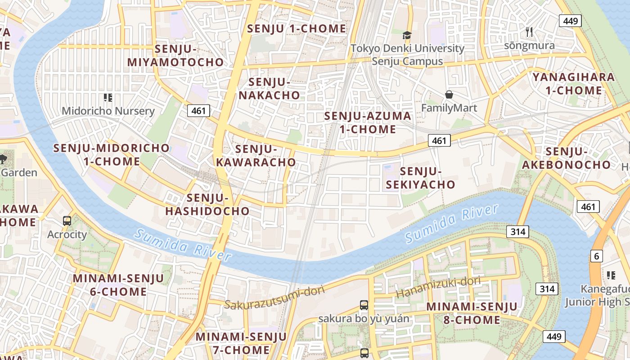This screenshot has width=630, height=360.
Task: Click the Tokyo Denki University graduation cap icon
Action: pos(407,35)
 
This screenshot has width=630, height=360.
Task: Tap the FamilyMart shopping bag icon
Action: pos(449,94)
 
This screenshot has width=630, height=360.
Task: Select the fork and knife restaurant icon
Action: pos(529,32)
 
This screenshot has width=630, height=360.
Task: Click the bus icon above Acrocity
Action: pos(67,220)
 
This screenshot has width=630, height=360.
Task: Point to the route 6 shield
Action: pos(597,256)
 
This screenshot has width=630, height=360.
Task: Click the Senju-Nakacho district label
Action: pos(269,89)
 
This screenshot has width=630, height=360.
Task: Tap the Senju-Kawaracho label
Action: pos(256,156)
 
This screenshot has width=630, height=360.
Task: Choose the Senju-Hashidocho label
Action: pos(207,204)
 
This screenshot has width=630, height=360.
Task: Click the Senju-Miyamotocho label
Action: pos(175,56)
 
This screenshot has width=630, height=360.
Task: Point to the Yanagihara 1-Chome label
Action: pos(574,84)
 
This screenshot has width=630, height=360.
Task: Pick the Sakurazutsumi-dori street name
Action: pos(274,298)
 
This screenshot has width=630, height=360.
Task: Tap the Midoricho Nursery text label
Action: pos(108,111)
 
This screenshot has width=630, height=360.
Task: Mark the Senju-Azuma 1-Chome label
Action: pos(368,123)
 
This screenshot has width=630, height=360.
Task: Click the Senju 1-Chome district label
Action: pos(297,29)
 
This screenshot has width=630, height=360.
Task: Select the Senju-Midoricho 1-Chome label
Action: pos(112,154)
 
